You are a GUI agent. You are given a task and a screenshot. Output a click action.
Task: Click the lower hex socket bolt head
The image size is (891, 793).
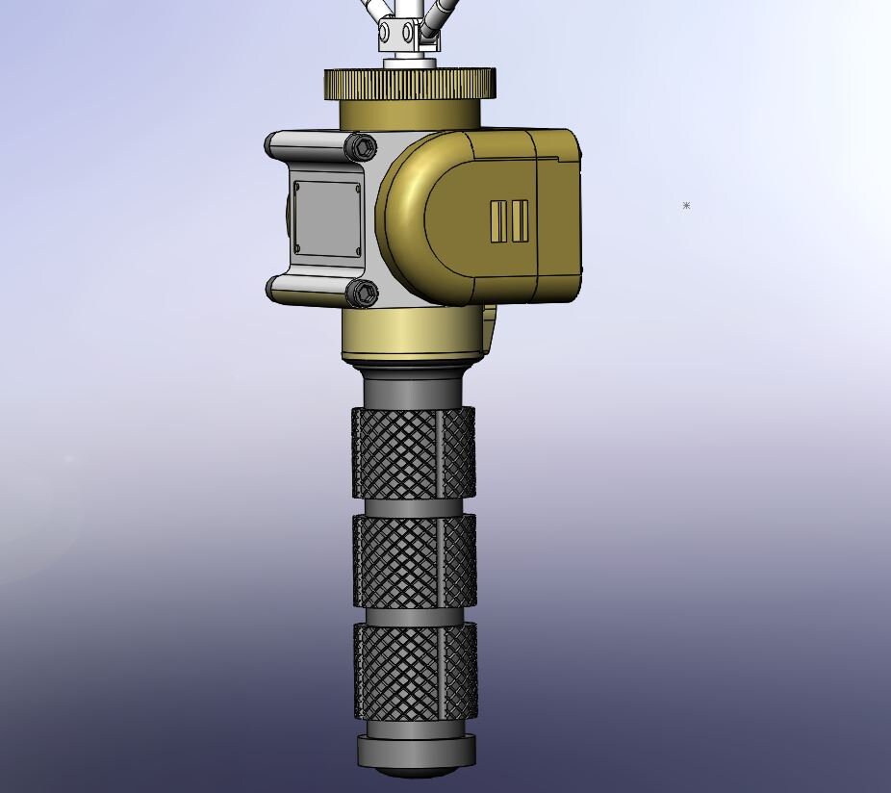tap(363, 293)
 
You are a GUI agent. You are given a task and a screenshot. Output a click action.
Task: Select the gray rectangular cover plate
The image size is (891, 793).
tap(326, 218)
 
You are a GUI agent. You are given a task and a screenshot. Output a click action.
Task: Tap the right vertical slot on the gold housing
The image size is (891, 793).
tap(520, 221)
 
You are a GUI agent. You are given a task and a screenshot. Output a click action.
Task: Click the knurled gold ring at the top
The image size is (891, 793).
tap(410, 83)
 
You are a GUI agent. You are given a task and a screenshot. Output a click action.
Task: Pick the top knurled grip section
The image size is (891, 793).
tap(414, 452)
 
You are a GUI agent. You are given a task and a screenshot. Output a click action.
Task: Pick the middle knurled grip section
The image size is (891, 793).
tap(414, 561)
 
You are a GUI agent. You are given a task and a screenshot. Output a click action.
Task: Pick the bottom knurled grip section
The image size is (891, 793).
tap(414, 671)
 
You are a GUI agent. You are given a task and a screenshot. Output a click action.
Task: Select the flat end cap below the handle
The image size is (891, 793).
tap(416, 752)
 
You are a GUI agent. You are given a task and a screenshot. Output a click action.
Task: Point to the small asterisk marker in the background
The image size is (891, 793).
tap(686, 205)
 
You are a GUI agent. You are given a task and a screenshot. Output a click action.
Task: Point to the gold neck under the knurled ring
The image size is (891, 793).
tap(410, 113)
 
